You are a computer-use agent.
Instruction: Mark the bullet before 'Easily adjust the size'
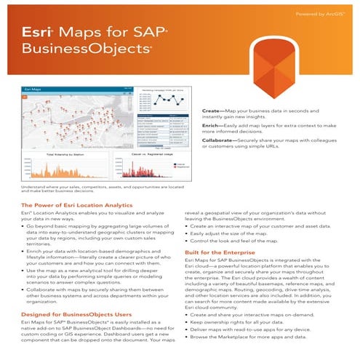point(188,234)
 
